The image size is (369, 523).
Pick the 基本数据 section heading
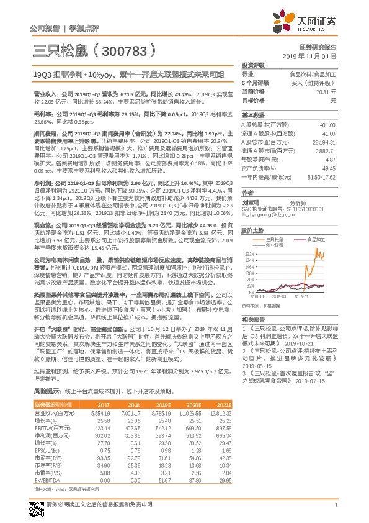[252, 116]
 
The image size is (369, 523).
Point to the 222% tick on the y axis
[249, 254]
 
